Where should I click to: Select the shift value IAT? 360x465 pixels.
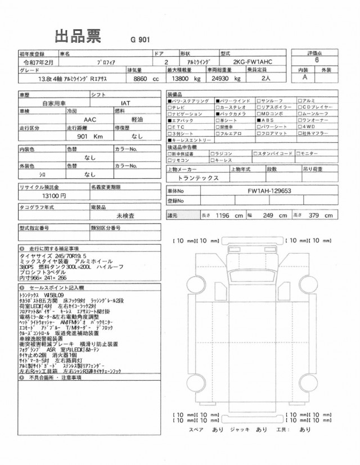[127, 104]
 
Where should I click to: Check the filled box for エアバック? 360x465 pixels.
[170, 120]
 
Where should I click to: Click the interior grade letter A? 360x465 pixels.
[304, 78]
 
